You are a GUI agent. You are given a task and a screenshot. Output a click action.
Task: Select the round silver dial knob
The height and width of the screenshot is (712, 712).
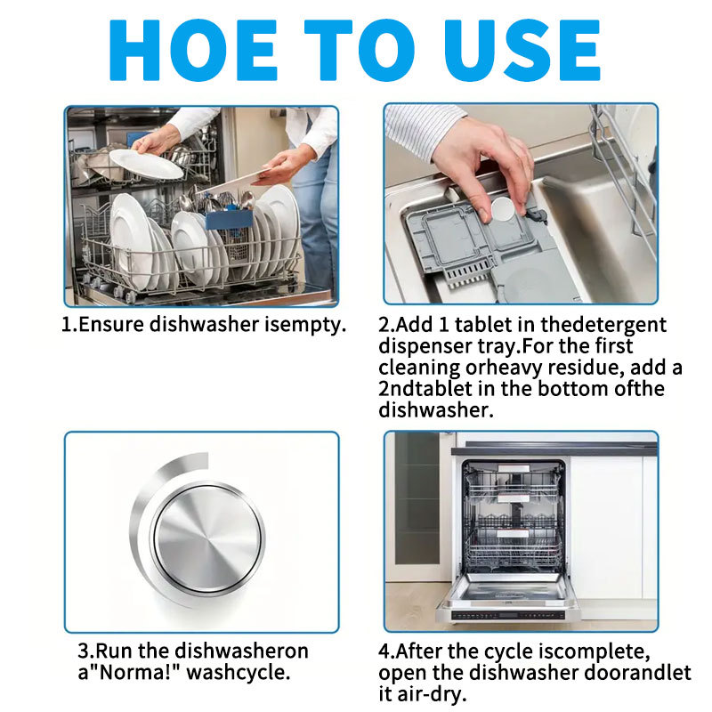(207, 536)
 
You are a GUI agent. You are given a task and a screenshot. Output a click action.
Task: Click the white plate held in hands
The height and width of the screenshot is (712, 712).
(146, 163)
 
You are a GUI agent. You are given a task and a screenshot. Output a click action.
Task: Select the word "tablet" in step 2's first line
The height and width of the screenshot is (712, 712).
(481, 325)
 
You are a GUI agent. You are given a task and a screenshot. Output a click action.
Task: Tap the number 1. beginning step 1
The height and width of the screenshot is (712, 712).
(69, 325)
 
